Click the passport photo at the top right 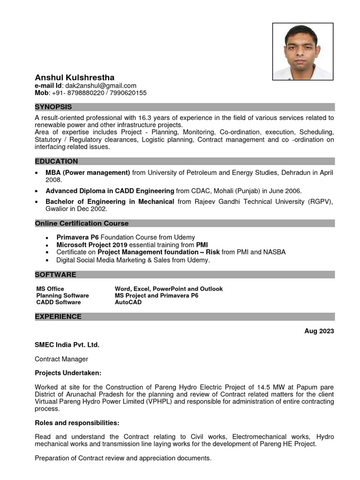click(303, 51)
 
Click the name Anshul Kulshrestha click(75, 77)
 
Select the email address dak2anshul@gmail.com click(101, 85)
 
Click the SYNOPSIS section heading click(53, 107)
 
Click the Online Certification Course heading click(82, 223)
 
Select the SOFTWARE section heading click(55, 274)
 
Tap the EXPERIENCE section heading click(58, 316)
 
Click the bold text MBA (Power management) click(88, 172)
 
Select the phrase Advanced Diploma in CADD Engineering click(110, 191)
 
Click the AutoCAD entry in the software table click(128, 302)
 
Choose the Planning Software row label click(62, 296)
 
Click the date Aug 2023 click(319, 331)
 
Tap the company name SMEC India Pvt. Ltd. click(67, 345)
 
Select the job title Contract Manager click(61, 359)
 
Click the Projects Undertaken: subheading click(68, 373)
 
